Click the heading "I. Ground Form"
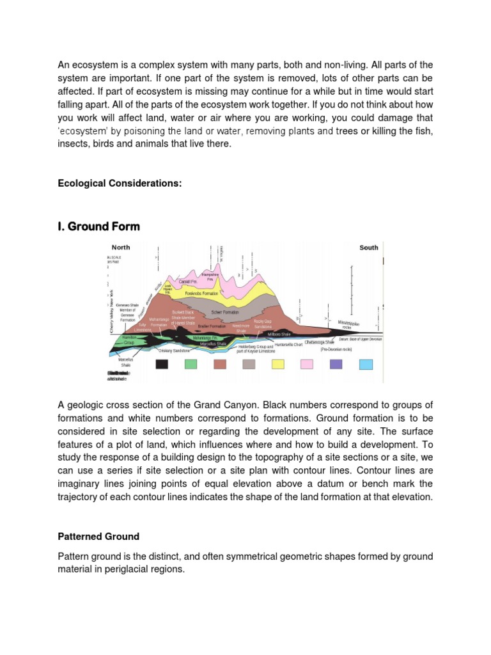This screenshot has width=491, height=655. [x=98, y=226]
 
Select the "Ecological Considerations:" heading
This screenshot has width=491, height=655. [x=120, y=184]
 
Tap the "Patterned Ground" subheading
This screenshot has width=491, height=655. [x=98, y=536]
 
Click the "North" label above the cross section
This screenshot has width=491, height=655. [x=121, y=248]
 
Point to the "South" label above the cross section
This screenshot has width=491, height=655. [x=369, y=248]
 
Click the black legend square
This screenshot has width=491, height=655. [x=162, y=364]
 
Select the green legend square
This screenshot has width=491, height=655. [x=191, y=364]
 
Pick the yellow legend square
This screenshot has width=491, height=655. [x=278, y=364]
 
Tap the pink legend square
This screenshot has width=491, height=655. [x=307, y=364]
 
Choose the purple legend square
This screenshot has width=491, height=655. [x=336, y=364]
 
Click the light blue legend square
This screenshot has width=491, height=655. [x=366, y=364]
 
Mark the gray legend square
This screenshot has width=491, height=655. [x=249, y=364]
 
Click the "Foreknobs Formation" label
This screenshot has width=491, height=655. [x=201, y=294]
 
